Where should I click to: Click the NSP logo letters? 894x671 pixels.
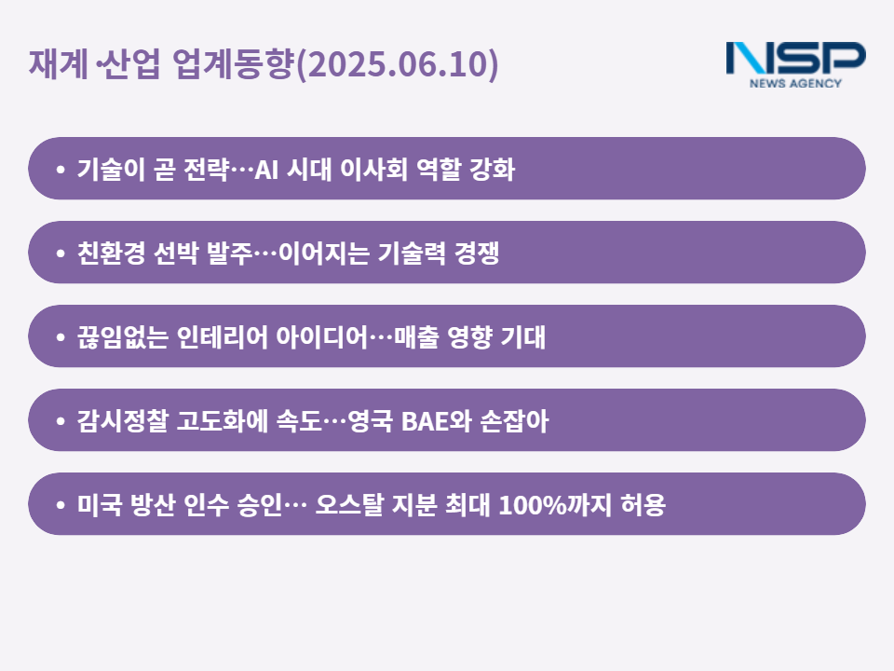[x=795, y=58]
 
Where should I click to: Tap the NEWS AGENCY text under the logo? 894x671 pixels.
[x=795, y=83]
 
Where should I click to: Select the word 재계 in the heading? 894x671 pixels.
[x=58, y=63]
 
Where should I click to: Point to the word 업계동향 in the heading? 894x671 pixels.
[x=233, y=63]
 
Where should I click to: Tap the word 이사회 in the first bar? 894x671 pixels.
[x=374, y=170]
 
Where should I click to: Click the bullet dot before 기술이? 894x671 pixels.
[x=61, y=170]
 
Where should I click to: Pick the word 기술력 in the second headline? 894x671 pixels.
[x=412, y=253]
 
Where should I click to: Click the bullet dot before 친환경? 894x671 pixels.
[x=61, y=253]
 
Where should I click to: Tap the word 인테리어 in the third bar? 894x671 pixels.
[x=222, y=337]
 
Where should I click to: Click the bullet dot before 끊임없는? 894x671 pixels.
[x=61, y=337]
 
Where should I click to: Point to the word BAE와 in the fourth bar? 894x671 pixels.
[x=437, y=421]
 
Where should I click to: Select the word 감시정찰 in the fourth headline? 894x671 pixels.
[x=123, y=421]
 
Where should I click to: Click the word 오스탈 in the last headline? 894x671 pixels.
[x=349, y=505]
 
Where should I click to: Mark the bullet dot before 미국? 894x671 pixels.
[x=61, y=505]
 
